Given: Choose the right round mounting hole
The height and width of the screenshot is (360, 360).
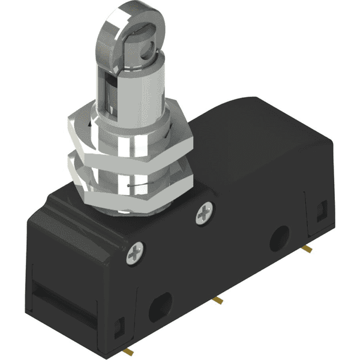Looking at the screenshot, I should click(278, 238).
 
